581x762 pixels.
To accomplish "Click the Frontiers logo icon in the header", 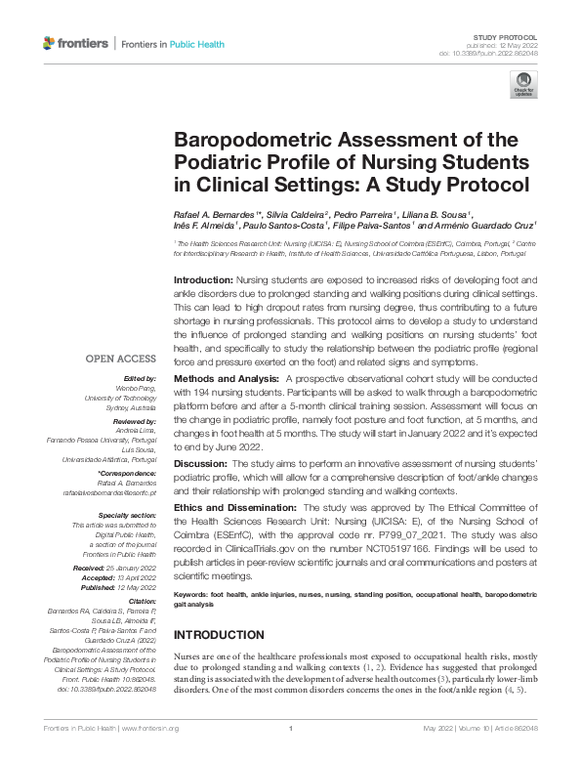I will (50, 43).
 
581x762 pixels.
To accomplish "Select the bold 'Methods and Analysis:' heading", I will (224, 378).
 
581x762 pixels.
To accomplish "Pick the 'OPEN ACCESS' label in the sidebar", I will (121, 359).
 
